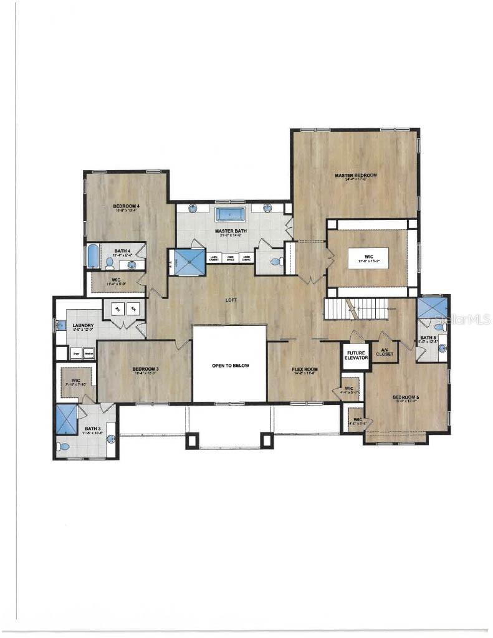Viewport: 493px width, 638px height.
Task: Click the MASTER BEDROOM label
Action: tap(356, 176)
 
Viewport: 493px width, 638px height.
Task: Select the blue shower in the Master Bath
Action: tap(189, 262)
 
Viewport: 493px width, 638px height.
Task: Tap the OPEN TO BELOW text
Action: tap(230, 366)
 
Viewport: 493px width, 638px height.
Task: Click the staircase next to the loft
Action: tap(355, 308)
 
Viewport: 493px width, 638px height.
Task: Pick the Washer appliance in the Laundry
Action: tap(89, 353)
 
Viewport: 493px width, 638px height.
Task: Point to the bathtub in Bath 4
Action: tap(92, 255)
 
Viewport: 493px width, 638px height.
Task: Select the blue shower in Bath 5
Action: tap(432, 307)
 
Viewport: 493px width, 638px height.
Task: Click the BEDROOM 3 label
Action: tap(145, 369)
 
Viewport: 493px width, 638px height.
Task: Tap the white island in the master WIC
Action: tap(368, 257)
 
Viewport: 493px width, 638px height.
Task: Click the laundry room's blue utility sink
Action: tap(60, 325)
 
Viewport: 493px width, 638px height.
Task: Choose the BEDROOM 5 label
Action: tap(405, 398)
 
